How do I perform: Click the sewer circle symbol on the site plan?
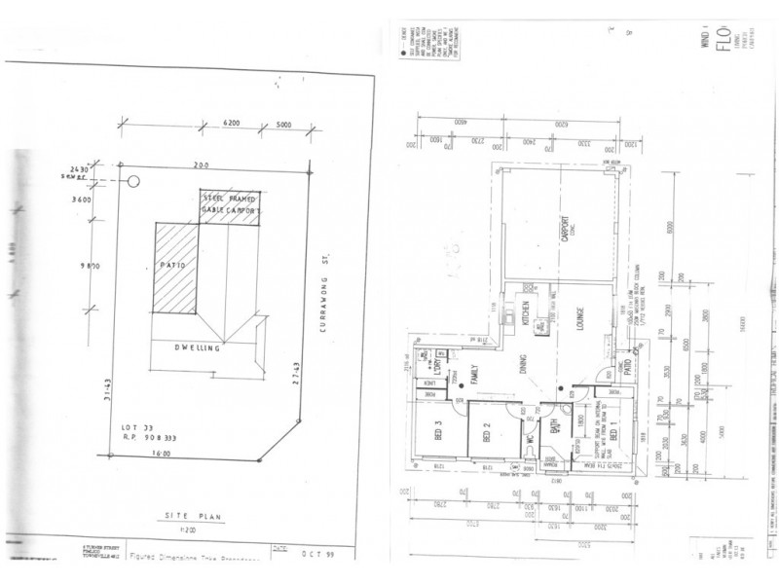134,180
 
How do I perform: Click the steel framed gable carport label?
232,203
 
